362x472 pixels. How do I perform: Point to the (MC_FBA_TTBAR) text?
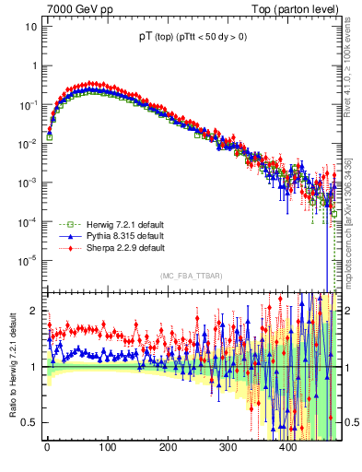[x=190, y=276]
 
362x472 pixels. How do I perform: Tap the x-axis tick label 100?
[x=108, y=448]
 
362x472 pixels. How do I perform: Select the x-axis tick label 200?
[x=168, y=448]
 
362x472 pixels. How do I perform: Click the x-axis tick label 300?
[x=228, y=448]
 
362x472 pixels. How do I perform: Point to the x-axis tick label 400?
[x=289, y=448]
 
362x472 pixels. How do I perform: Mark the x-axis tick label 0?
[x=47, y=448]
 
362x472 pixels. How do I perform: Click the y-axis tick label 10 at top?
[x=30, y=27]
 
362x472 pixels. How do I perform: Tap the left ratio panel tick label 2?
[x=33, y=311]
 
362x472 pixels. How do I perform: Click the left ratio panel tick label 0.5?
[x=29, y=422]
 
